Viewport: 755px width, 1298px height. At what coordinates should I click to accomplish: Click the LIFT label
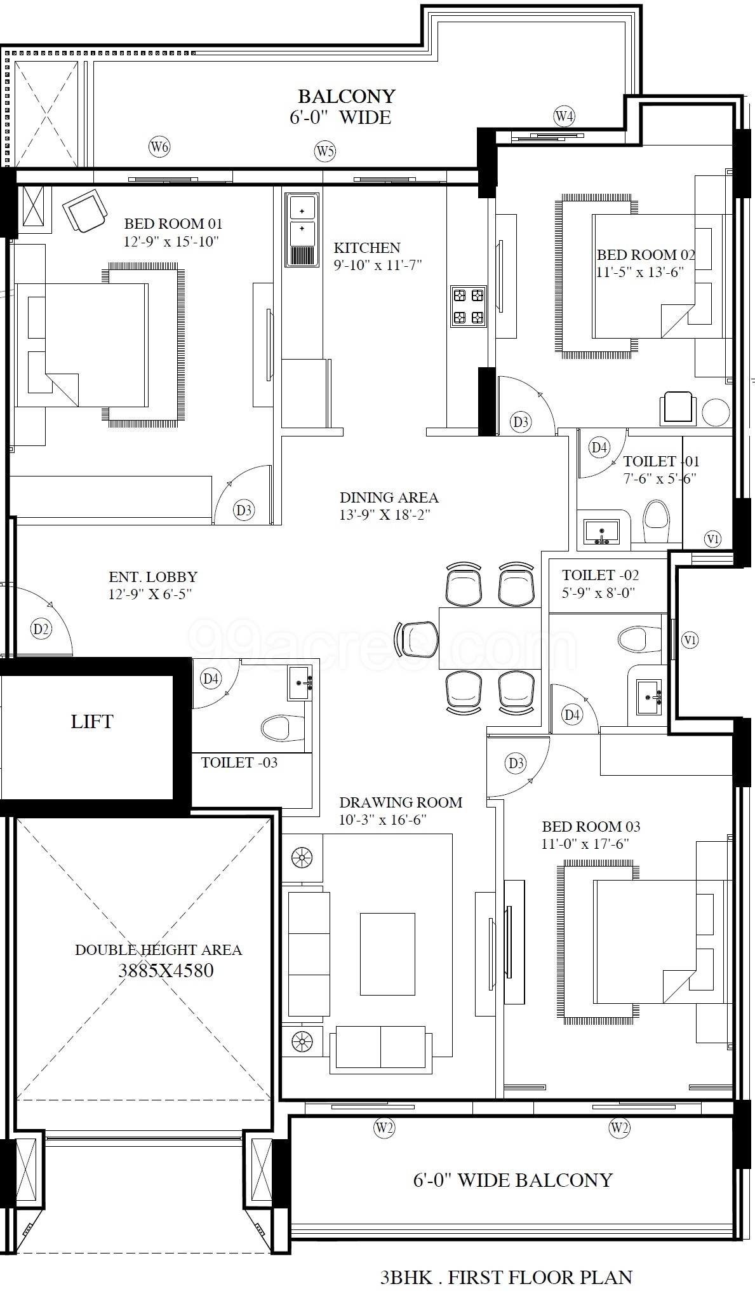pyautogui.click(x=92, y=721)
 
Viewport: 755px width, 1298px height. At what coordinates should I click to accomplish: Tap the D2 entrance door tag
pyautogui.click(x=41, y=630)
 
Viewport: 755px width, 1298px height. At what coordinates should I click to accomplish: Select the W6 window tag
pyautogui.click(x=159, y=147)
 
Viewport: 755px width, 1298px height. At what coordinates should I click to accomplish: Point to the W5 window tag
pyautogui.click(x=325, y=151)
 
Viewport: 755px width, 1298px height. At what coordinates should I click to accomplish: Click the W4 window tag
pyautogui.click(x=564, y=116)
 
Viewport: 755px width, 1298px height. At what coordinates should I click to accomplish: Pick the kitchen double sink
pyautogui.click(x=302, y=229)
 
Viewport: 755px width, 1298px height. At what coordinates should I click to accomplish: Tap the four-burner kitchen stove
pyautogui.click(x=468, y=306)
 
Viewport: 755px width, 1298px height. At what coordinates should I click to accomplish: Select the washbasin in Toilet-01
pyautogui.click(x=601, y=531)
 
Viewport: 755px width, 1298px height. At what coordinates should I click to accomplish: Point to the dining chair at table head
pyautogui.click(x=417, y=639)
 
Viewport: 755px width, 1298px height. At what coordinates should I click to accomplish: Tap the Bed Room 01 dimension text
pyautogui.click(x=171, y=241)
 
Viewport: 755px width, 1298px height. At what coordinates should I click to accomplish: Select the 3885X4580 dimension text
pyautogui.click(x=166, y=970)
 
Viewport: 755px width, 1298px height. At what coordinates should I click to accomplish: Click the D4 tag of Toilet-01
pyautogui.click(x=599, y=447)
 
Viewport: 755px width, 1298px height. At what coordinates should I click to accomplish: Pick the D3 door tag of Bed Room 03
pyautogui.click(x=516, y=762)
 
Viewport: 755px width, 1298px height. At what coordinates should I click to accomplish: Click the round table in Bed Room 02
pyautogui.click(x=716, y=412)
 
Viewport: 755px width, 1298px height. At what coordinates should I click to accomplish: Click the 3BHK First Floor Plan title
pyautogui.click(x=506, y=1277)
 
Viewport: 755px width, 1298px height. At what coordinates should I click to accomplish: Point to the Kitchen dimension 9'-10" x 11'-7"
pyautogui.click(x=378, y=265)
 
